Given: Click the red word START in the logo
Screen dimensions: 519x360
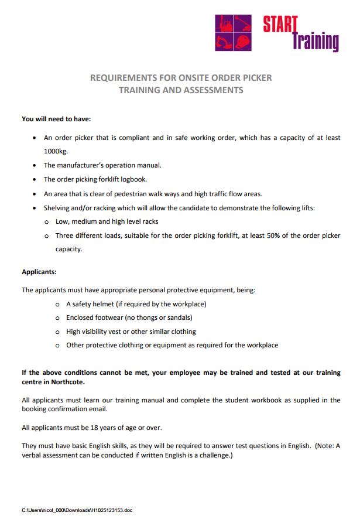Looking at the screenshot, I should pyautogui.click(x=280, y=24).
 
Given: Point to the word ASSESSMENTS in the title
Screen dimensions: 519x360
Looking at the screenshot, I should pyautogui.click(x=213, y=90).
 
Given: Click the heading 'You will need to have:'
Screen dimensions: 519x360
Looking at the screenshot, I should pyautogui.click(x=56, y=119).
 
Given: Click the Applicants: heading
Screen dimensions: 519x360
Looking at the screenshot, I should pyautogui.click(x=39, y=272).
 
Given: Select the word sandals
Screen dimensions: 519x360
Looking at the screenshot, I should pyautogui.click(x=178, y=317).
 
